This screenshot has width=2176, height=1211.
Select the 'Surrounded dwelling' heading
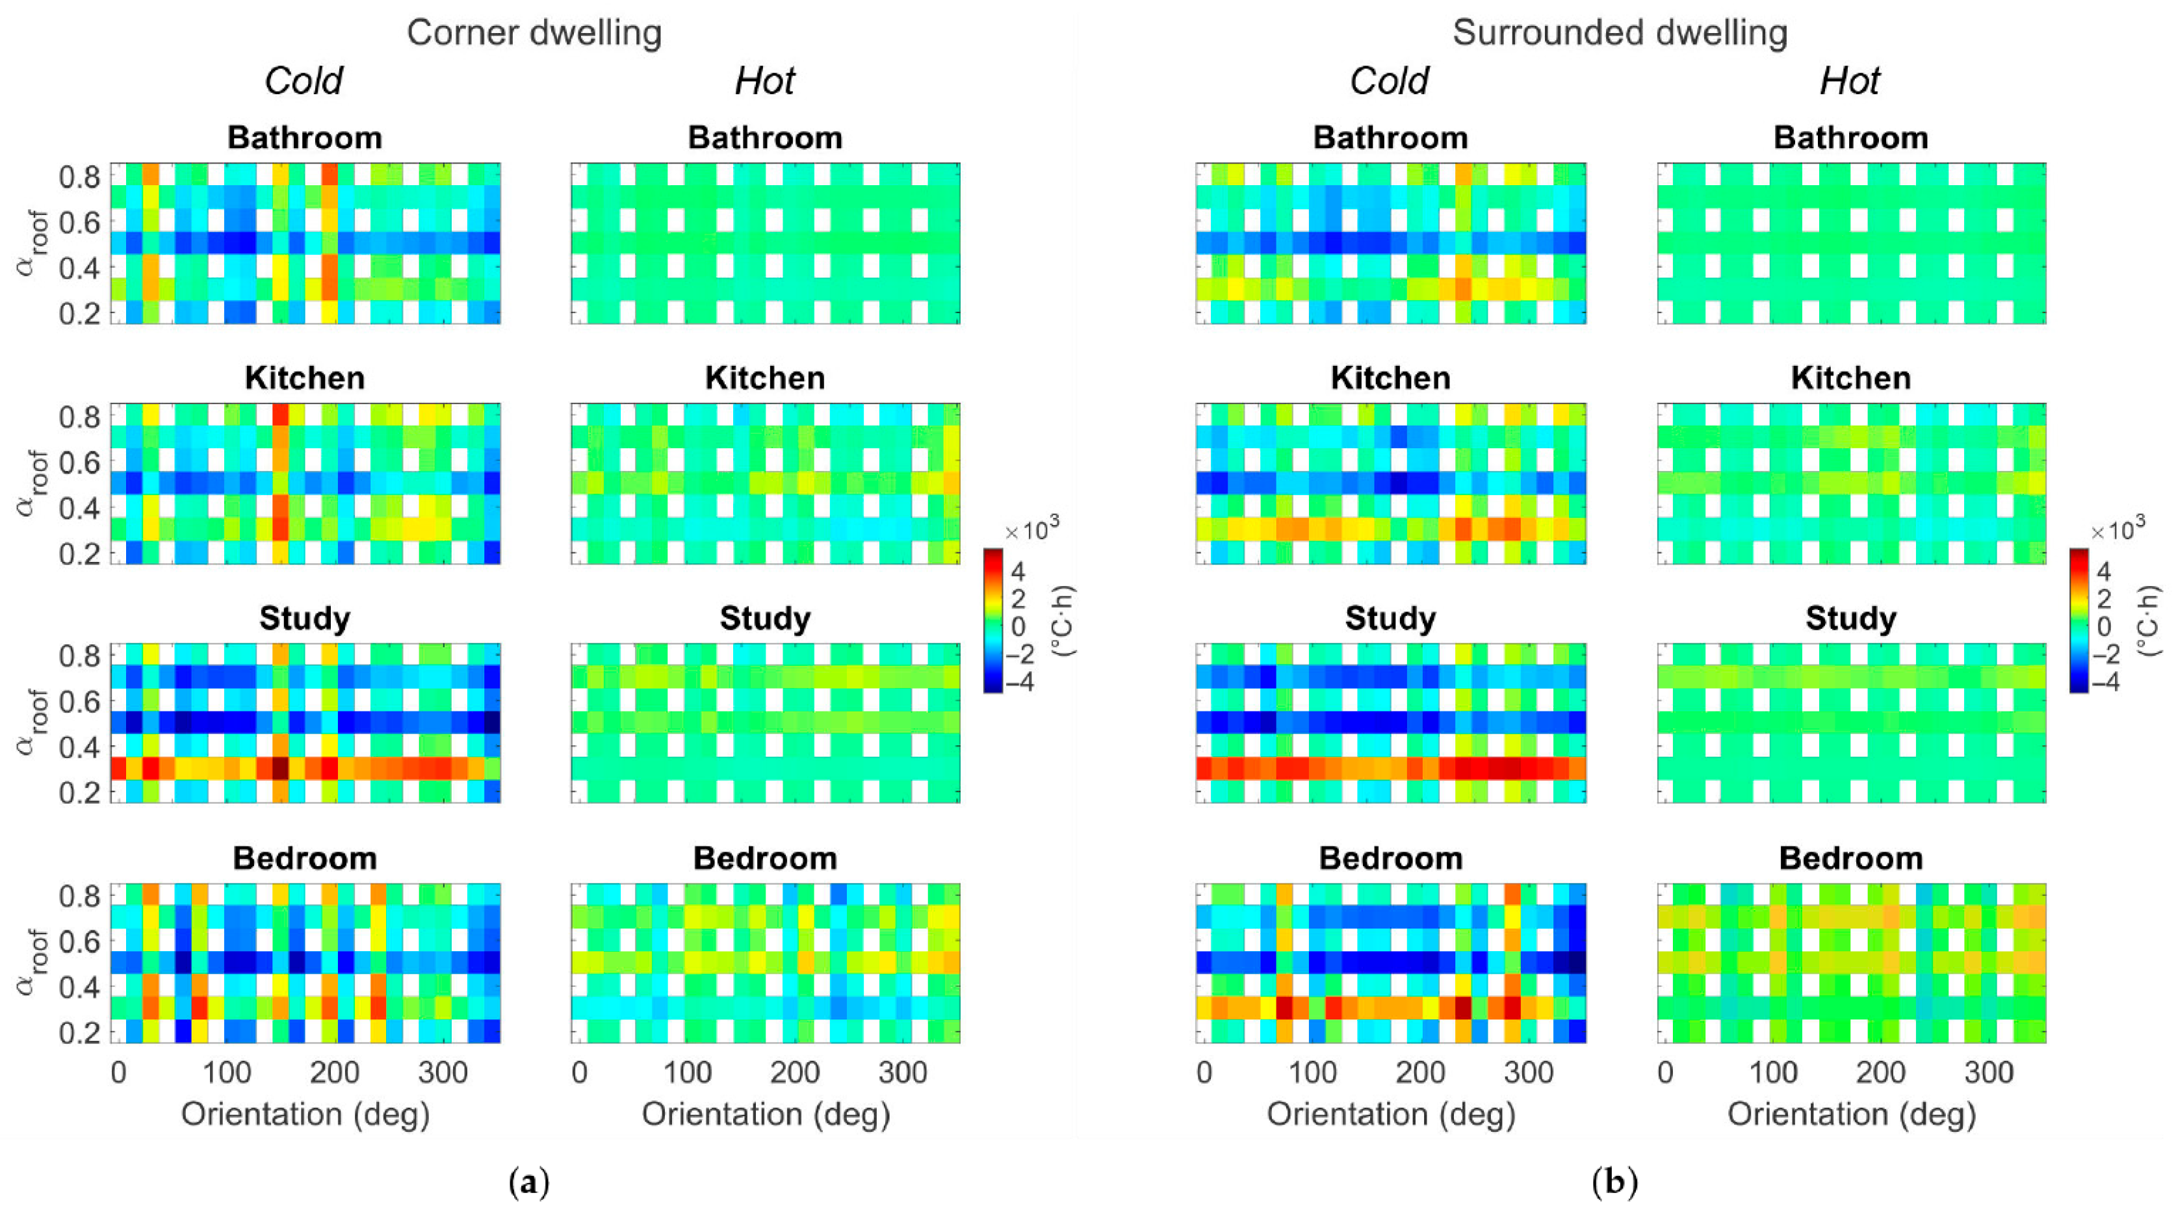tap(1620, 33)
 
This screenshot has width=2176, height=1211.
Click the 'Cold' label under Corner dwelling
tap(304, 81)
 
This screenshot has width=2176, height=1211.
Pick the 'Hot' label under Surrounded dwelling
tap(1849, 81)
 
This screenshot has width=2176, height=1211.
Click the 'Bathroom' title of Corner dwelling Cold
tap(304, 138)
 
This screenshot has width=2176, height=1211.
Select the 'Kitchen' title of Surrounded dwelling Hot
tap(1851, 377)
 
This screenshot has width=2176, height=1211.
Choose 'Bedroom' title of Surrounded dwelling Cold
tap(1390, 858)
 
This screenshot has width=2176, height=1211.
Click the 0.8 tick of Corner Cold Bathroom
tap(80, 177)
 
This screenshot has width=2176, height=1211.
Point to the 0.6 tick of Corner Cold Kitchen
tap(80, 463)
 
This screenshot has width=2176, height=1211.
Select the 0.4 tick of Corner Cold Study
tap(80, 747)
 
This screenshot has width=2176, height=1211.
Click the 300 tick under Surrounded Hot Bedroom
tap(1989, 1073)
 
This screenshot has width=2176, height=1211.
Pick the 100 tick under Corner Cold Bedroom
tap(226, 1073)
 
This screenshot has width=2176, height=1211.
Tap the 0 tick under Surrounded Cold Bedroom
tap(1204, 1073)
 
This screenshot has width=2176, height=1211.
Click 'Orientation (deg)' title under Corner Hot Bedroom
tap(766, 1114)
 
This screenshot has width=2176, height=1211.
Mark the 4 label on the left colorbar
tap(1018, 572)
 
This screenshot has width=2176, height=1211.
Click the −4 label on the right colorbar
tap(2105, 682)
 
